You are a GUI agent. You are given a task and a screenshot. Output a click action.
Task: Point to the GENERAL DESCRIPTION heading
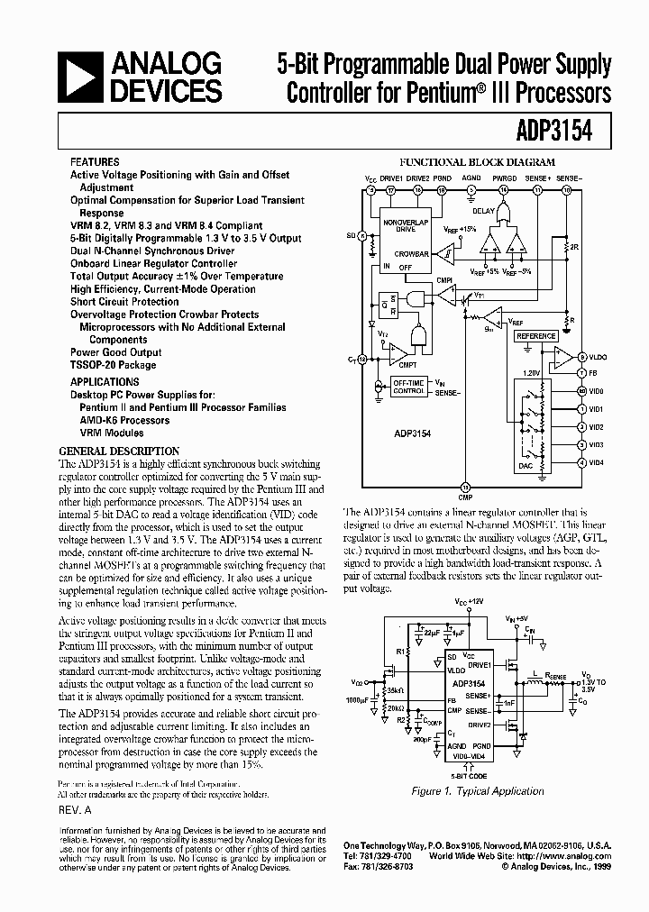119,451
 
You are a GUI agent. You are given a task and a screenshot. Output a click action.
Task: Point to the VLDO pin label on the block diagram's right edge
599,358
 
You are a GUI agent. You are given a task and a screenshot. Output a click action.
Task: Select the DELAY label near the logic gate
483,211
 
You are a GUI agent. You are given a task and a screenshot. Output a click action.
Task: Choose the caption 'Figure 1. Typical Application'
478,791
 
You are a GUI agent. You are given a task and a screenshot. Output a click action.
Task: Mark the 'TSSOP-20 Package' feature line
114,365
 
